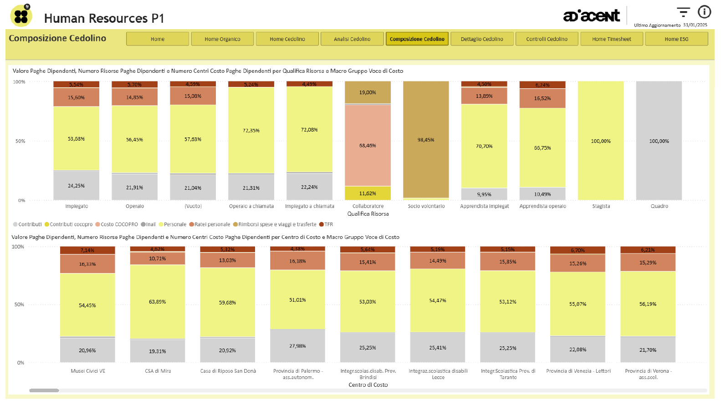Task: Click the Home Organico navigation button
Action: point(222,39)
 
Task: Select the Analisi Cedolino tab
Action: point(352,39)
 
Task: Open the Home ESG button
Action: point(676,39)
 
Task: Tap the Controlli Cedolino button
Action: point(547,39)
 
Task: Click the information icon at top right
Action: point(704,12)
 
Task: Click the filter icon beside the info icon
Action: point(683,12)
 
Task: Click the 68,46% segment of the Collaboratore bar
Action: point(368,146)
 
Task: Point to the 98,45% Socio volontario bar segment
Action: point(426,140)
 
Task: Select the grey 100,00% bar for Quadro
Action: point(659,141)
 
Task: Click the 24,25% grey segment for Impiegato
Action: point(77,186)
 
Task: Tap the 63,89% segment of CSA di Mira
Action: point(158,302)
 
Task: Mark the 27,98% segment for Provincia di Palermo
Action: point(297,346)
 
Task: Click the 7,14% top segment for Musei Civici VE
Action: point(87,250)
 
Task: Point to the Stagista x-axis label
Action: point(601,206)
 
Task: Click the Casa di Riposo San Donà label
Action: point(228,371)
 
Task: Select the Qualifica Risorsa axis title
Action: point(368,214)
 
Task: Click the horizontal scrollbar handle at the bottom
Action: point(44,390)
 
